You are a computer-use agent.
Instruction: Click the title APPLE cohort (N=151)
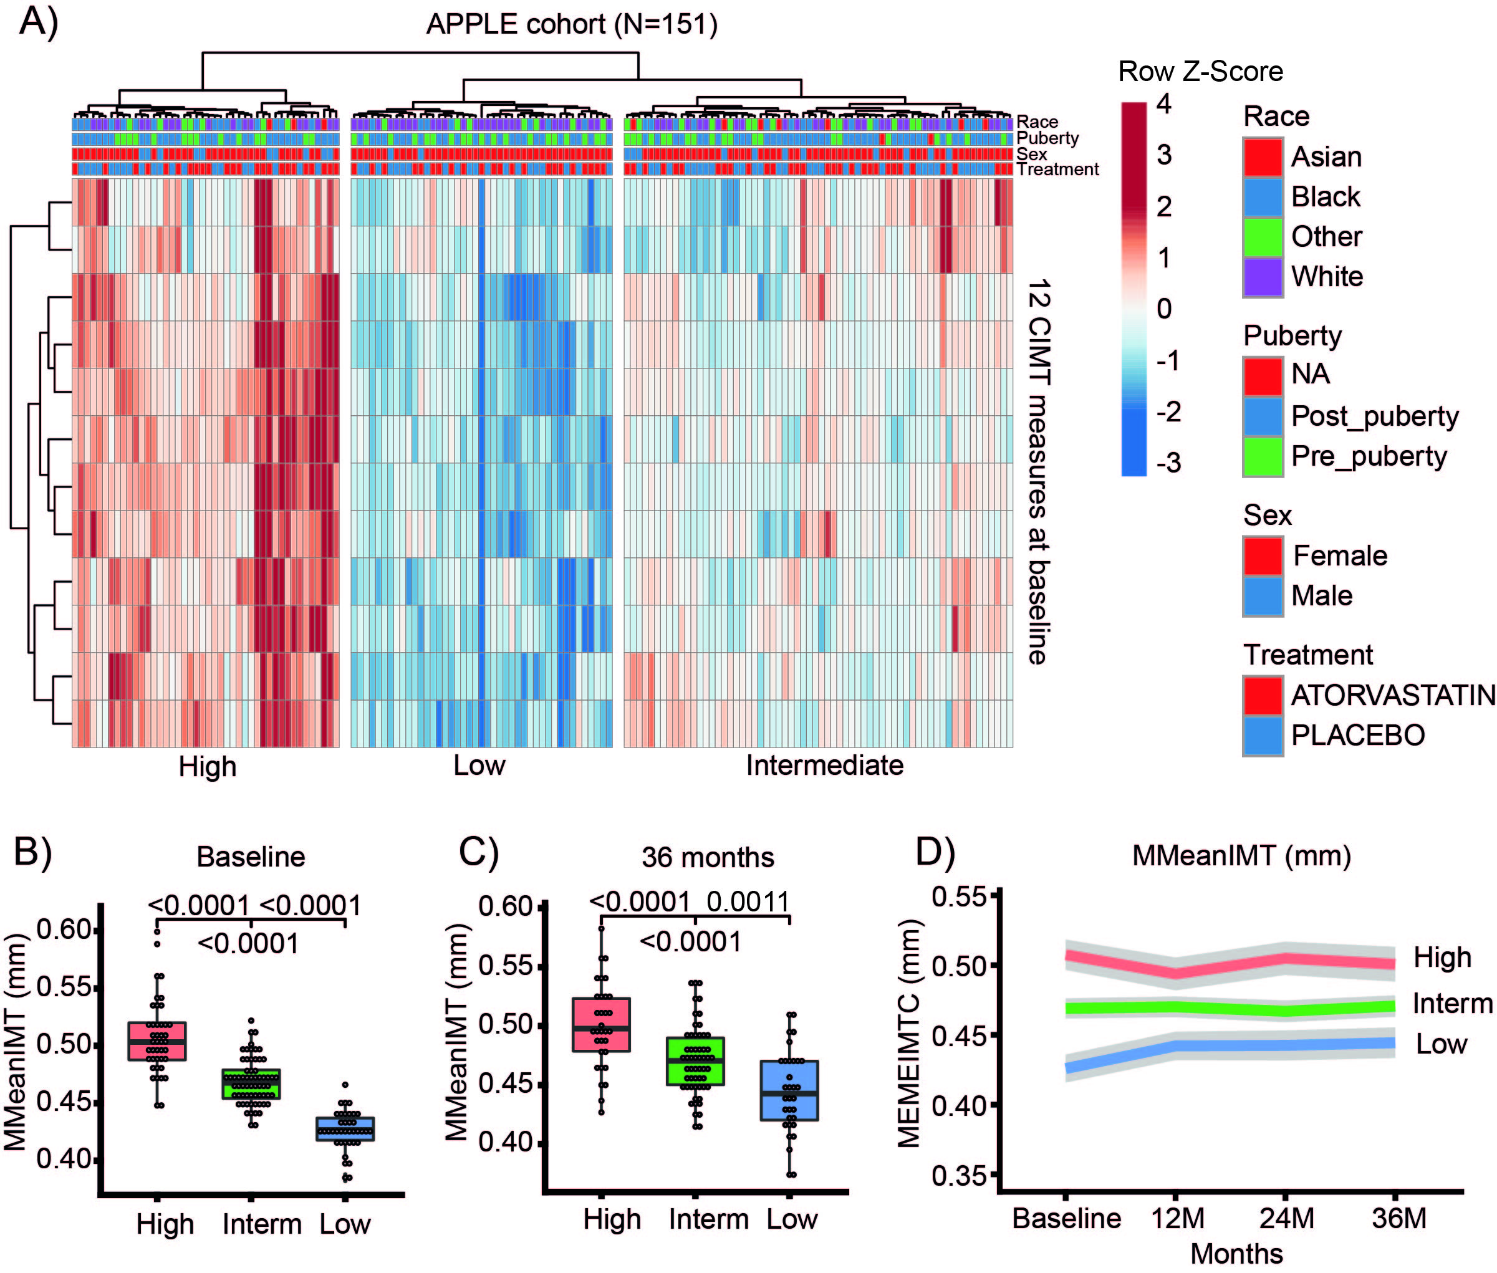coord(572,24)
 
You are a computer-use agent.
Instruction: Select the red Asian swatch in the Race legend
coord(1263,156)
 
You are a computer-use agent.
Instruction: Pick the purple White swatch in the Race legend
coord(1263,276)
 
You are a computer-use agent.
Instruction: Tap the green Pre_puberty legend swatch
coord(1263,456)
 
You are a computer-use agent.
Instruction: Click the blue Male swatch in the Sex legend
coord(1263,596)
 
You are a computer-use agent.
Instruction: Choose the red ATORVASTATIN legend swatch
coord(1263,695)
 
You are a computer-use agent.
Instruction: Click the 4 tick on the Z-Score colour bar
coord(1163,104)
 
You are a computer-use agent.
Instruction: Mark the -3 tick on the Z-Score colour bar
coord(1168,463)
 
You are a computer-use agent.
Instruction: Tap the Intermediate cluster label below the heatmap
coord(824,765)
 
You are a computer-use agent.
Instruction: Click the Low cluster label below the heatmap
coord(479,765)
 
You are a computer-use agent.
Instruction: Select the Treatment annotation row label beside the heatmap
coord(1057,170)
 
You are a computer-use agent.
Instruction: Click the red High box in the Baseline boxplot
coord(157,1041)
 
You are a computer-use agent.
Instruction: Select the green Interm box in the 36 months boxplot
coord(696,1061)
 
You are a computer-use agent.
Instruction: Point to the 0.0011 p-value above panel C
coord(748,902)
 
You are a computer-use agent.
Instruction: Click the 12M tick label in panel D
coord(1177,1218)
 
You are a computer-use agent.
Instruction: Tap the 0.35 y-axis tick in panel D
coord(958,1176)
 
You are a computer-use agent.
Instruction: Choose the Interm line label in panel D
coord(1452,1004)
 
